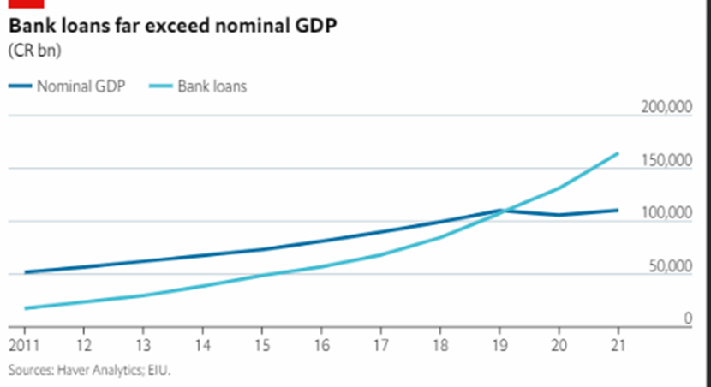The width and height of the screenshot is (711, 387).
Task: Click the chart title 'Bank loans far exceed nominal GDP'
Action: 172,27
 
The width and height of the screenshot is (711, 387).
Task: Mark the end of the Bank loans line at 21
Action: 618,154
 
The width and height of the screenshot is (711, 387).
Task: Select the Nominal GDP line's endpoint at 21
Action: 618,210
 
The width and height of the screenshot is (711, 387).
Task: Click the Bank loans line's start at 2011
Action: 25,308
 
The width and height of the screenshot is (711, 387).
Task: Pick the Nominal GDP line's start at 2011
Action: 25,272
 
